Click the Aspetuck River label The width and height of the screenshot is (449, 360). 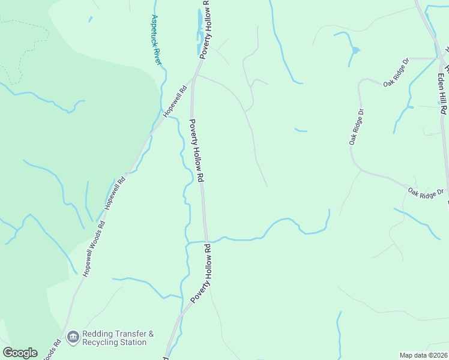[156, 40]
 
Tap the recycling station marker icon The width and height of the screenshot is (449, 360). [73, 338]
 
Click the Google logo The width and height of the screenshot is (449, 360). [20, 353]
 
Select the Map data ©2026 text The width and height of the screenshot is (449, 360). [423, 355]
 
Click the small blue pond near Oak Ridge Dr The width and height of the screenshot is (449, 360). [355, 50]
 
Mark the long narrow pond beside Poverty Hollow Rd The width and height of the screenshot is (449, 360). [199, 27]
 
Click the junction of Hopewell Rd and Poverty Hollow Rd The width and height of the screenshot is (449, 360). [194, 78]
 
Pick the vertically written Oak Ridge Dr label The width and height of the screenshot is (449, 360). [357, 127]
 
